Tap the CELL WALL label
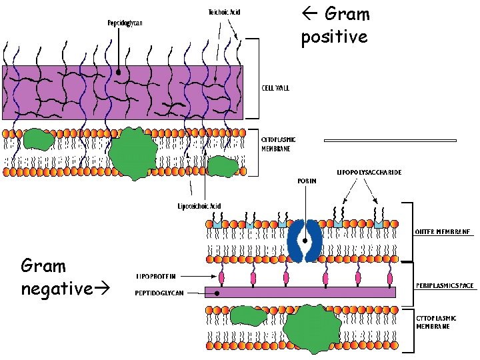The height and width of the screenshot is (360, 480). (x=274, y=88)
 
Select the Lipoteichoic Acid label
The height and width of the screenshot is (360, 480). (x=199, y=206)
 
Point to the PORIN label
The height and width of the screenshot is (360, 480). (x=306, y=180)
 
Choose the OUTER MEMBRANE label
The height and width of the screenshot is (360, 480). (x=443, y=232)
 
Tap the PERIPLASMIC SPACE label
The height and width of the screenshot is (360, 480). (x=445, y=285)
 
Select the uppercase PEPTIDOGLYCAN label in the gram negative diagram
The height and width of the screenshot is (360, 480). (x=159, y=292)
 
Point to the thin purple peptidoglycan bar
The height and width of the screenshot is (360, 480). (x=300, y=292)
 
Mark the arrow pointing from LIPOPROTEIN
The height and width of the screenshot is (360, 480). (x=197, y=275)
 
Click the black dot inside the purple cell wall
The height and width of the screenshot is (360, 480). (x=118, y=71)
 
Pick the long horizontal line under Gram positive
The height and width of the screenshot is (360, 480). (x=390, y=141)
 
